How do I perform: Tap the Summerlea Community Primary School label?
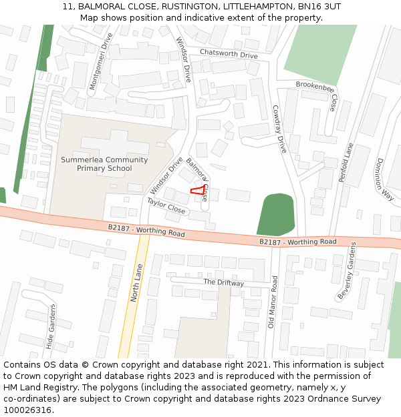(x=104, y=164)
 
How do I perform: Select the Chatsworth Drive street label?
(x=229, y=53)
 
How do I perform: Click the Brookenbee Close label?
(x=317, y=90)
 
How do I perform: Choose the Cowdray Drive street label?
(x=279, y=129)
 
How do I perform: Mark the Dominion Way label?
(x=384, y=179)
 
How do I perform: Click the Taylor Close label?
(x=166, y=205)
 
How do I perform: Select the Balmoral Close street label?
(x=198, y=179)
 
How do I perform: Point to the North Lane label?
(x=137, y=283)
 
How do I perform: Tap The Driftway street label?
(x=223, y=283)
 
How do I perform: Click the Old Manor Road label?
(x=272, y=302)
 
